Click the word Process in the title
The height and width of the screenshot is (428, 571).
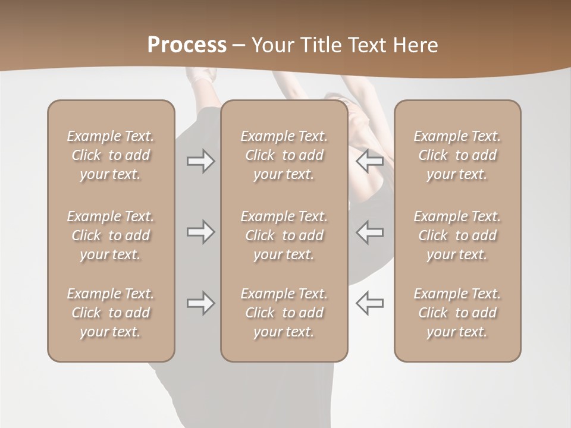coord(187,45)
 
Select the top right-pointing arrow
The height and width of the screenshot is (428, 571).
coord(201,161)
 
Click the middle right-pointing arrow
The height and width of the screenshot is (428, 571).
coord(201,232)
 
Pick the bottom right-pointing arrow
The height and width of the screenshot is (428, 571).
coord(201,303)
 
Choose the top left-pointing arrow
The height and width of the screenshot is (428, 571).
coord(369,161)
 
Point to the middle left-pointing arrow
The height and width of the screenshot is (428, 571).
coord(369,232)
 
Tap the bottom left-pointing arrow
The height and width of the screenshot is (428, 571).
coord(369,303)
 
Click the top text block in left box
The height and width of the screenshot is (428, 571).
coord(111,155)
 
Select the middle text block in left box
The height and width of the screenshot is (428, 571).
coord(111,235)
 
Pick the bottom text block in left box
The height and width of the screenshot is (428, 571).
coord(111,313)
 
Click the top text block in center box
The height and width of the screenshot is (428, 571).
coord(284,155)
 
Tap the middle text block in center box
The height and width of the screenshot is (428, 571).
coord(284,235)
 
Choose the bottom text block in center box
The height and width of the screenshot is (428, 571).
coord(284,313)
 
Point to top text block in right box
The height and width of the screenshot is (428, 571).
coord(457,155)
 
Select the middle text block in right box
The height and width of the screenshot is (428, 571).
coord(457,235)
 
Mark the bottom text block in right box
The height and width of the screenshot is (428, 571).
coord(457,313)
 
